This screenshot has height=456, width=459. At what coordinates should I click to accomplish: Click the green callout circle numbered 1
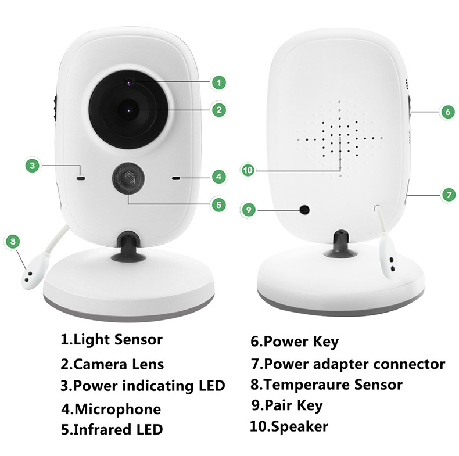(218, 82)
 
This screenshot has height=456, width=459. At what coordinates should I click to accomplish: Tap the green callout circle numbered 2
(218, 109)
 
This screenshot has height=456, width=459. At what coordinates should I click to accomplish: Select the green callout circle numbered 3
(34, 165)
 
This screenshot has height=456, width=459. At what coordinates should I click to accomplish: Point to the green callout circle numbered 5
(218, 204)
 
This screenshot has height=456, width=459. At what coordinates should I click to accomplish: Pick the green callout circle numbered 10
(249, 170)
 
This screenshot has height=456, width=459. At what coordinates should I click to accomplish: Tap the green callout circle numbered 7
(447, 195)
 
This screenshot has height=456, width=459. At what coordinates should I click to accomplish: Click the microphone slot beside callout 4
(175, 177)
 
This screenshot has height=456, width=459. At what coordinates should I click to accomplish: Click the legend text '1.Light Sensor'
(112, 339)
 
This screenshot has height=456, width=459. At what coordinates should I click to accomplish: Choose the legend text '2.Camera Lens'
(112, 364)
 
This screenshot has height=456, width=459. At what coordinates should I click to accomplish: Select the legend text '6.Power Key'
(294, 341)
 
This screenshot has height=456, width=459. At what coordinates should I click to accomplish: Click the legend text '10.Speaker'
(289, 427)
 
